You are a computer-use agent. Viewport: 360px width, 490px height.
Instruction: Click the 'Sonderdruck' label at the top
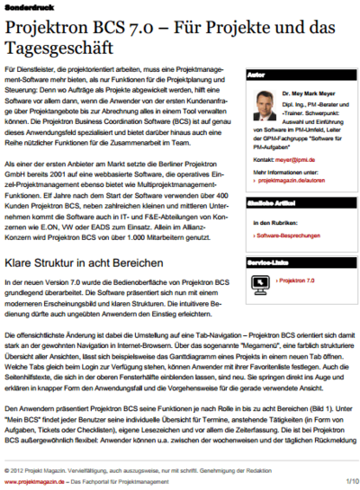point(23,7)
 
